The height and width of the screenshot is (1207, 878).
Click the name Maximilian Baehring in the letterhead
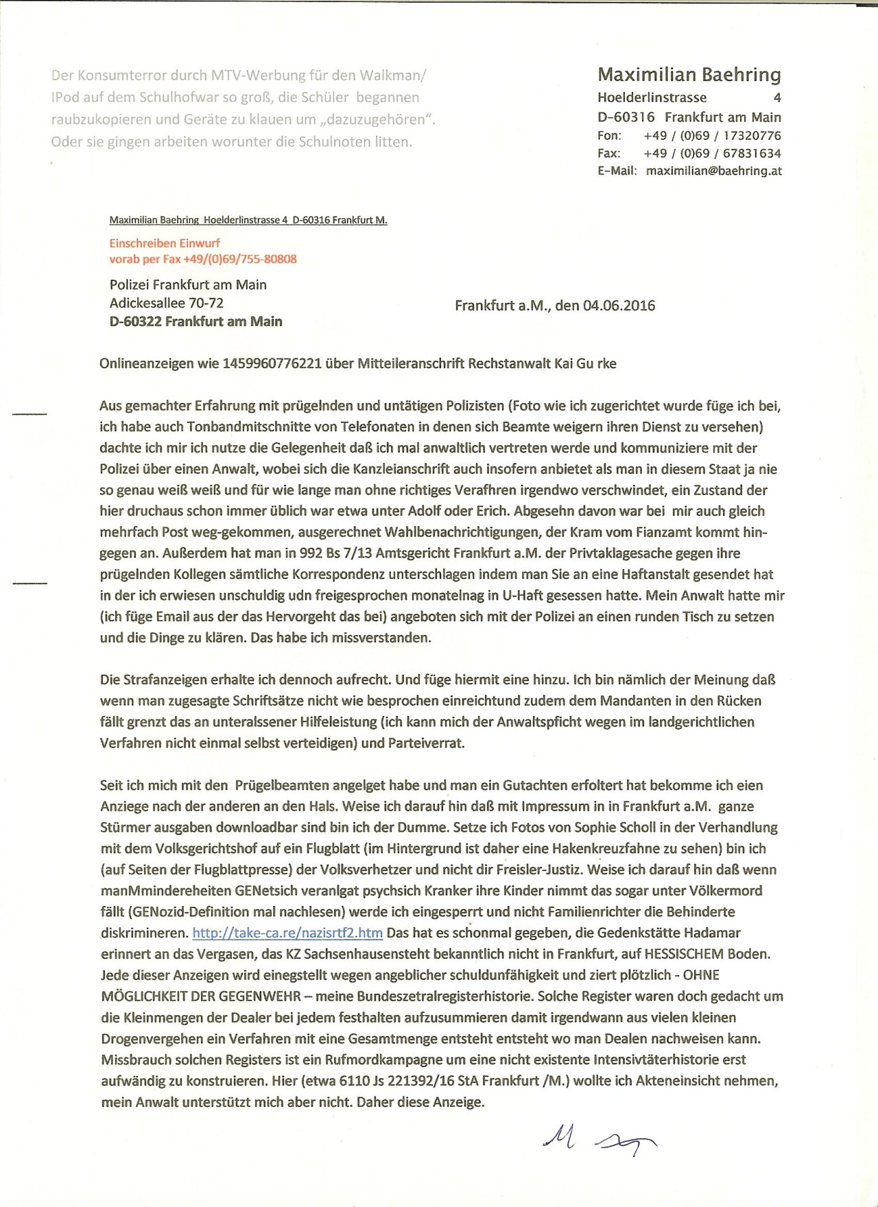pos(689,74)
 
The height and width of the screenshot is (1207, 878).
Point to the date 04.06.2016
pos(619,306)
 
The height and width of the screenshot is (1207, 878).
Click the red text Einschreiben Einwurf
pos(165,243)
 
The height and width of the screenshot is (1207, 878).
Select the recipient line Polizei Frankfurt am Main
pos(188,285)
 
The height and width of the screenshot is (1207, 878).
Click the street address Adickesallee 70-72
pos(167,303)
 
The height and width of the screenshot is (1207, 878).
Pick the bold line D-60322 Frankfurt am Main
pos(195,322)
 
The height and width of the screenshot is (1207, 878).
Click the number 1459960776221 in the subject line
pos(272,363)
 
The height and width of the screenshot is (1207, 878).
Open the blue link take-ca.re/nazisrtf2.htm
pos(287,933)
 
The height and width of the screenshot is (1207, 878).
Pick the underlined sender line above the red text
pos(248,220)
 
